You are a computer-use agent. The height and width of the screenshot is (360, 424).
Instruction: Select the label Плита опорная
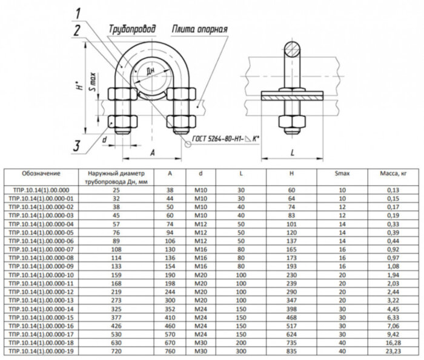[199, 29]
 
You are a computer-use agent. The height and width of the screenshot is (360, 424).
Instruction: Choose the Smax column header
[343, 174]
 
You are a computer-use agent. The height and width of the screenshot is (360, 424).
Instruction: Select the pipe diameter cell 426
[116, 325]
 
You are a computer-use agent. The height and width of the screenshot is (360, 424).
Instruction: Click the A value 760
[170, 350]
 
